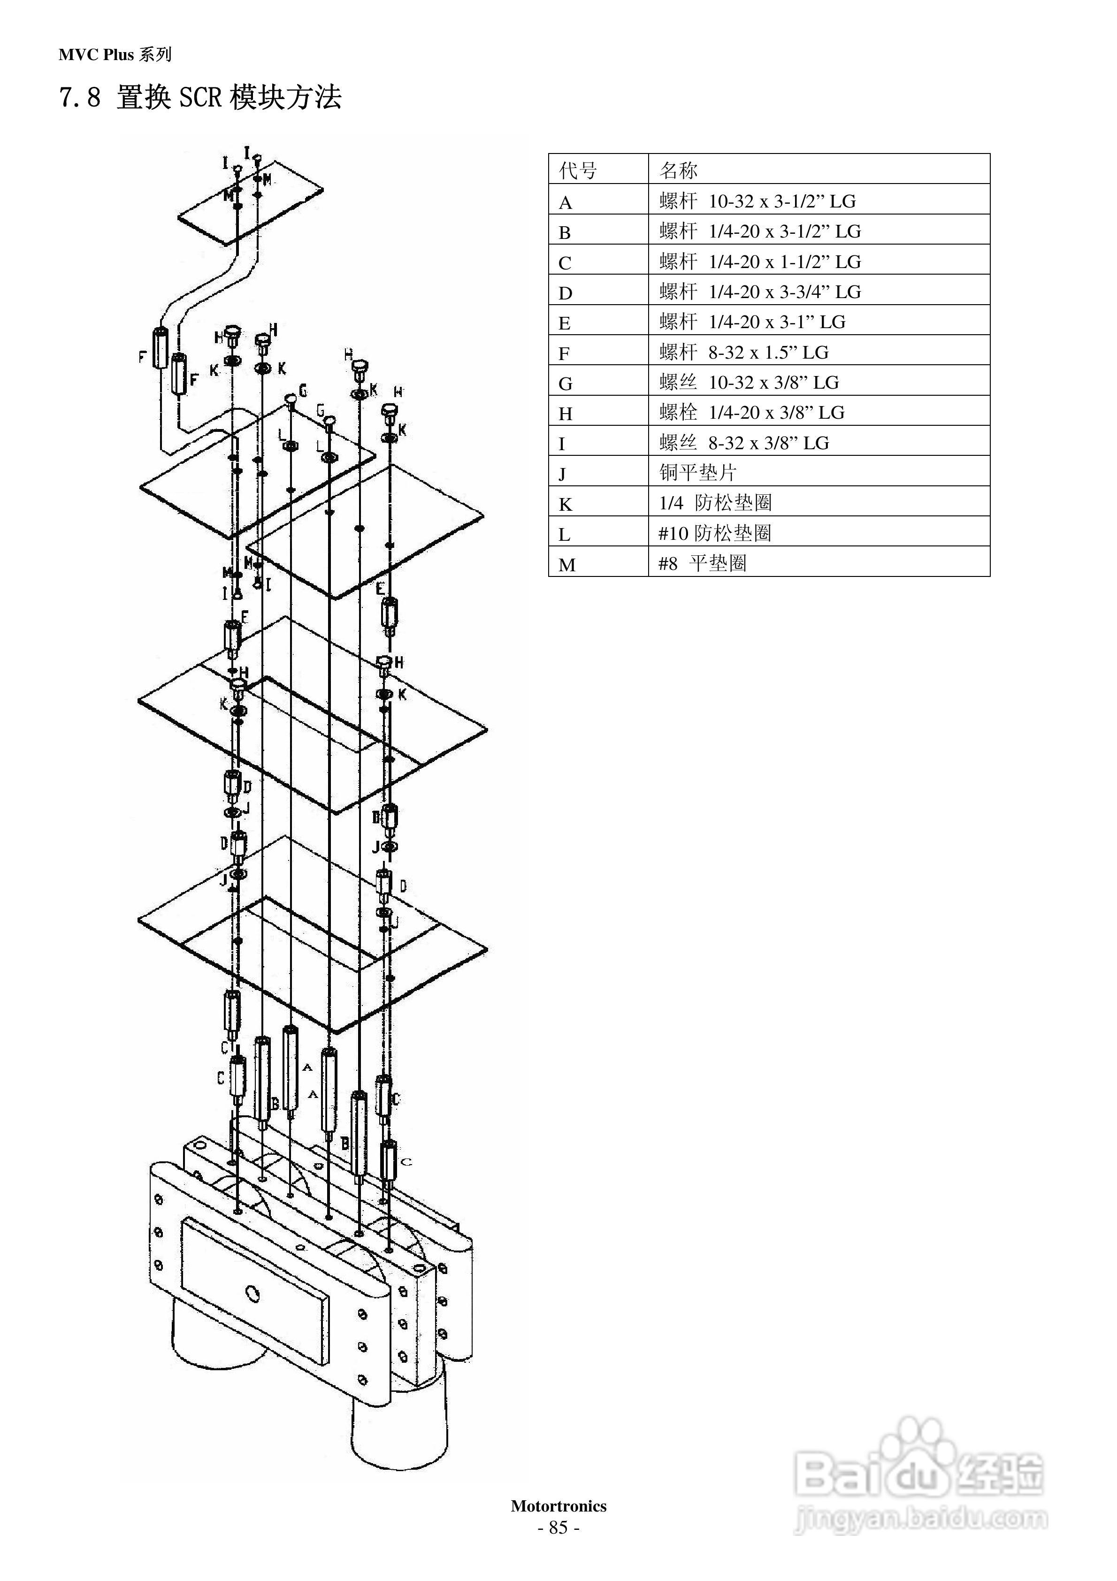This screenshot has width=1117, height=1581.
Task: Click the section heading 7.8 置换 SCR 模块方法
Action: (x=200, y=97)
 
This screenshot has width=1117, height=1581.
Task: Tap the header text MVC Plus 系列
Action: (x=115, y=55)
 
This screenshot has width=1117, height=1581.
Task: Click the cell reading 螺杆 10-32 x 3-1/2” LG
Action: (x=757, y=201)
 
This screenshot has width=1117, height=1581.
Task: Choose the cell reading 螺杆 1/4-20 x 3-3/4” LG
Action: (x=760, y=292)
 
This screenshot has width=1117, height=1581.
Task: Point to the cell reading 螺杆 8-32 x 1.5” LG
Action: (x=744, y=353)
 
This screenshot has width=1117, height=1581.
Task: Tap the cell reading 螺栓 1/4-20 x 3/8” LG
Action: (x=752, y=413)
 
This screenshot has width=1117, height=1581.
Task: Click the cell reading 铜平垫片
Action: (x=697, y=472)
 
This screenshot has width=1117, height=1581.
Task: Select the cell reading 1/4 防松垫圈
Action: (x=716, y=503)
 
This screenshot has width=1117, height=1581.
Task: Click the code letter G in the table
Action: (x=566, y=384)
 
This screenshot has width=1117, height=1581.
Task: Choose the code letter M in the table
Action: (x=567, y=565)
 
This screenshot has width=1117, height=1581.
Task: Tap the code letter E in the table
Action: (x=565, y=323)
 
